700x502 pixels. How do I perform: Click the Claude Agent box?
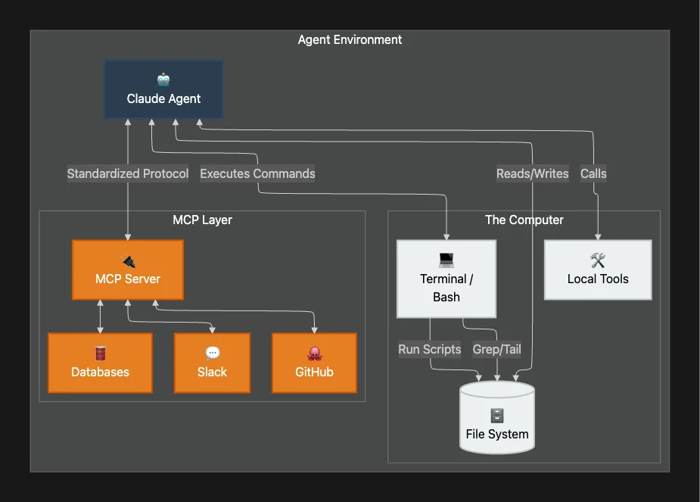(x=163, y=90)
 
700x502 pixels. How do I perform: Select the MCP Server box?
(x=128, y=270)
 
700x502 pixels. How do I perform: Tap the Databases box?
(x=100, y=363)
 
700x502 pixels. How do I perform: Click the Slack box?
(x=212, y=363)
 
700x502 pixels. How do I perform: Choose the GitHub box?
(x=314, y=363)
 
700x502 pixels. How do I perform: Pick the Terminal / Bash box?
(x=446, y=279)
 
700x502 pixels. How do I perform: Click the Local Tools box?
(x=598, y=270)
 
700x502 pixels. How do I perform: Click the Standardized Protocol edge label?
(x=128, y=173)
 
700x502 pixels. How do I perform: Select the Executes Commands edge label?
(x=257, y=173)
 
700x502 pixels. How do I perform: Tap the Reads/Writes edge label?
(x=532, y=173)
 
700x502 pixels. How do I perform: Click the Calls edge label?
(x=593, y=173)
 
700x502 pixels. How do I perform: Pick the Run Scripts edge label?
(x=430, y=349)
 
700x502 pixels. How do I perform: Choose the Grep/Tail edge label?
(x=496, y=349)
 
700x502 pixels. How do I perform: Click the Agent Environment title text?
(x=350, y=39)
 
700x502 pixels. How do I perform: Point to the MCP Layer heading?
(x=202, y=220)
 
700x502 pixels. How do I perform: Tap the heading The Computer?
(x=524, y=220)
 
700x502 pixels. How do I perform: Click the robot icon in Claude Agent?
(x=163, y=80)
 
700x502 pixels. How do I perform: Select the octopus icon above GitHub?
(x=314, y=353)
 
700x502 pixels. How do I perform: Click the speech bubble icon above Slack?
(x=212, y=353)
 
